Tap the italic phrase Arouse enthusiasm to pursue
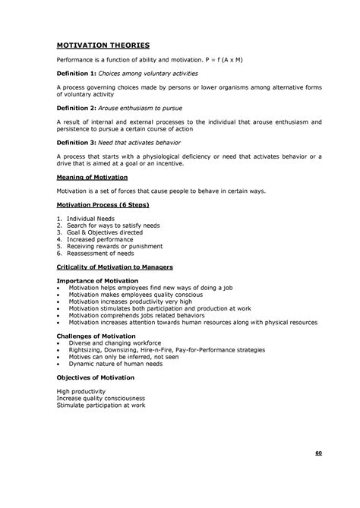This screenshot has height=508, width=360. (x=141, y=108)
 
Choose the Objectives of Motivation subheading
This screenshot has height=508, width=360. (x=96, y=377)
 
